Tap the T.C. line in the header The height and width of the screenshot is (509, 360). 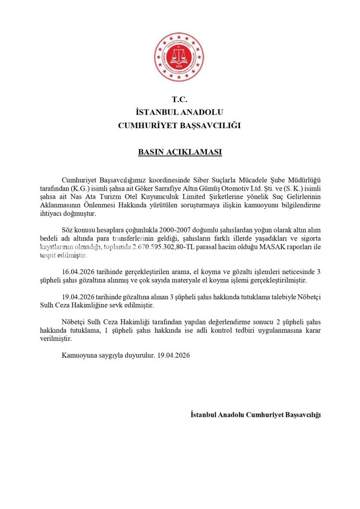(x=180, y=100)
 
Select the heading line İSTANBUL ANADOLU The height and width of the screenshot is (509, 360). (x=180, y=113)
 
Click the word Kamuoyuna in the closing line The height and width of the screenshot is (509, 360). (x=78, y=356)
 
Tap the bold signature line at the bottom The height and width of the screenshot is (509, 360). (x=255, y=414)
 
